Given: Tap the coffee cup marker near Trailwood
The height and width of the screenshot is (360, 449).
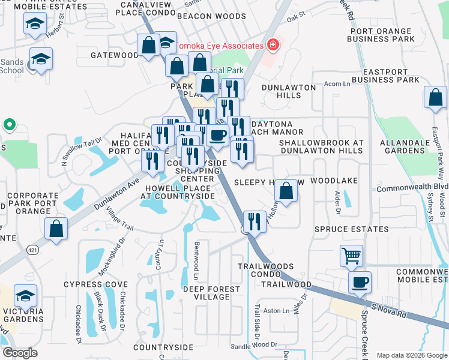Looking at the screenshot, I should pyautogui.click(x=360, y=282).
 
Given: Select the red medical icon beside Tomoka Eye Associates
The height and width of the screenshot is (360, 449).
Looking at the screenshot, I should pyautogui.click(x=273, y=45).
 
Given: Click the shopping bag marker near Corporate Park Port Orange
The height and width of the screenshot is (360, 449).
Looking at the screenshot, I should pyautogui.click(x=56, y=229).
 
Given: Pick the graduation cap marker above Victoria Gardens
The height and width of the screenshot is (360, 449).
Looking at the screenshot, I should pyautogui.click(x=25, y=296).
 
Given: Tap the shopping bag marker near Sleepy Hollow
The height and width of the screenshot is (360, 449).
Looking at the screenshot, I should pyautogui.click(x=287, y=191).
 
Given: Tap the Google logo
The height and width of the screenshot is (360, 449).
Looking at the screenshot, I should pyautogui.click(x=20, y=353).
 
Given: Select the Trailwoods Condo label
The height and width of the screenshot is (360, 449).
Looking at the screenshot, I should pyautogui.click(x=265, y=270).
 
